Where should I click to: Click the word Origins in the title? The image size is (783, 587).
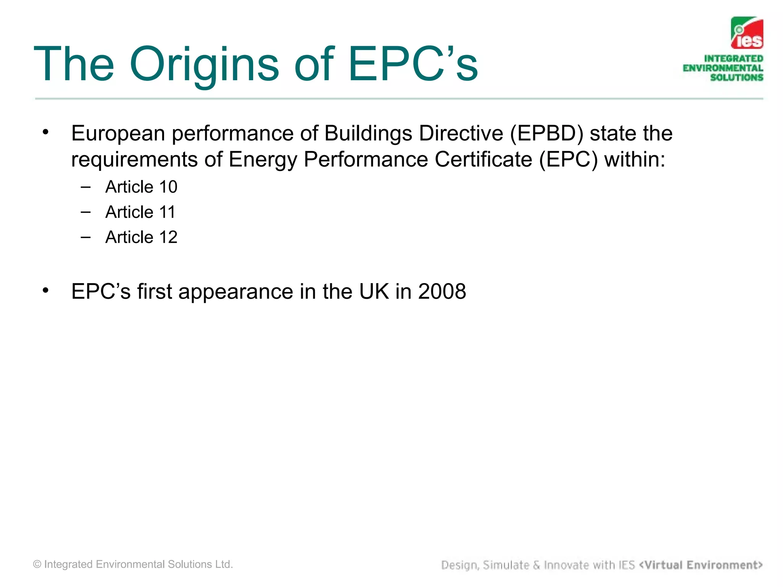tap(204, 64)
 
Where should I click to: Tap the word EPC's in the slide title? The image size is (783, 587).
tap(413, 64)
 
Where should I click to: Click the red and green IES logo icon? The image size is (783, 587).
tap(747, 33)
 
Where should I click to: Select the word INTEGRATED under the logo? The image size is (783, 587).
tap(733, 58)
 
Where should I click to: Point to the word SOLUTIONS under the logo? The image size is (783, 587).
tap(736, 77)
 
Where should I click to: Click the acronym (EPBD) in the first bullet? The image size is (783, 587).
tap(547, 133)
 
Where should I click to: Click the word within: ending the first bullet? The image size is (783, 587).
tap(635, 159)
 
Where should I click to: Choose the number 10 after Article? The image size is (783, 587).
tap(168, 187)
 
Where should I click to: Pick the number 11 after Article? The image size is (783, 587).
tap(167, 212)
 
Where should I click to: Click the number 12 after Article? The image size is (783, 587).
tap(168, 237)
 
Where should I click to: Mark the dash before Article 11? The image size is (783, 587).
tap(86, 212)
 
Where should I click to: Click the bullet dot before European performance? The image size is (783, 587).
tap(46, 132)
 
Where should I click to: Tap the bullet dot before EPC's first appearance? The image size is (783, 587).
tap(46, 290)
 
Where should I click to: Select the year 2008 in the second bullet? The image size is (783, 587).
tap(442, 292)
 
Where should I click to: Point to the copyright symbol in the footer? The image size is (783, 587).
tap(37, 564)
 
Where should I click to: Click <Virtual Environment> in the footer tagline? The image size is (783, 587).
tap(701, 565)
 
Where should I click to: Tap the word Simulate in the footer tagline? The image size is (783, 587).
tap(506, 565)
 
